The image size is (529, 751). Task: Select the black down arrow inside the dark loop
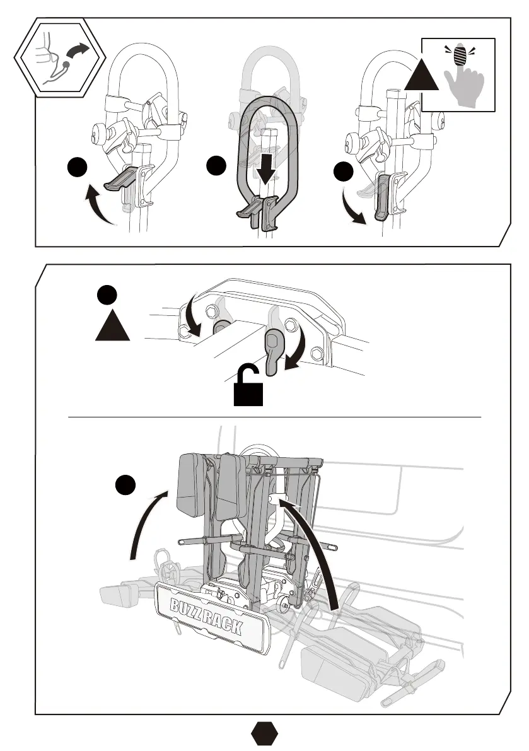point(267,167)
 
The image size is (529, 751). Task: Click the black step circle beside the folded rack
point(126,487)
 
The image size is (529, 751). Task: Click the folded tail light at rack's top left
point(195,479)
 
